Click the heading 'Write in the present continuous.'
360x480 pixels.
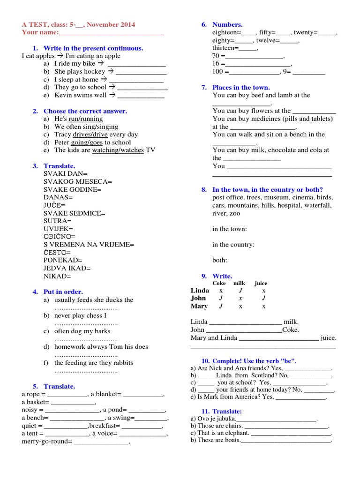click(93, 48)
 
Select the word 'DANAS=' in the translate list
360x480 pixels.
click(58, 197)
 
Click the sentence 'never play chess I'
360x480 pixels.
click(81, 315)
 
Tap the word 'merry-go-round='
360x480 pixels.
click(47, 442)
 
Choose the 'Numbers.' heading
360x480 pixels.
click(227, 24)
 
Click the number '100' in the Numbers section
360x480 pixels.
click(217, 72)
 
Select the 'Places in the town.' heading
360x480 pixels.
click(241, 87)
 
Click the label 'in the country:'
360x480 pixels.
click(233, 245)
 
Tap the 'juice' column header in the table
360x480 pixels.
click(261, 283)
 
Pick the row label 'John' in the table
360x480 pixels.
click(198, 298)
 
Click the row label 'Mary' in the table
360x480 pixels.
click(199, 306)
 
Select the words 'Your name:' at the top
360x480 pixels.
click(40, 32)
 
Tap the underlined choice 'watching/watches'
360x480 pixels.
click(118, 150)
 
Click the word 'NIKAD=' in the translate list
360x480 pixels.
click(57, 276)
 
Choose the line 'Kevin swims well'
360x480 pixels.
click(80, 95)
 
